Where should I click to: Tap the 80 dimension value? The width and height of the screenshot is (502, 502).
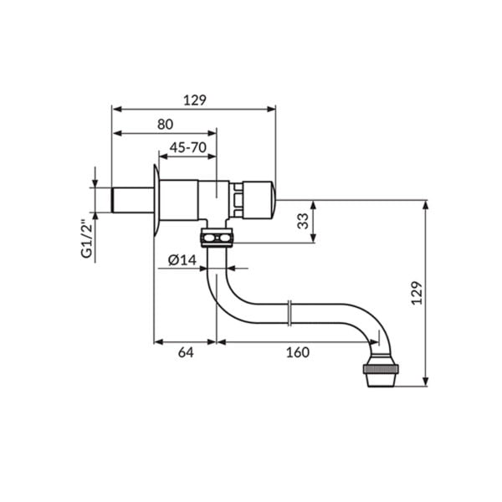coord(165,124)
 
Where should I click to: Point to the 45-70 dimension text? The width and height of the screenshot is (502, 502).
coord(188,147)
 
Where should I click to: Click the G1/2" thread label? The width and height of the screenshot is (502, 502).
coord(87,238)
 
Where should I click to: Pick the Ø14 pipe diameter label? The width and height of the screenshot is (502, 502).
coord(182,260)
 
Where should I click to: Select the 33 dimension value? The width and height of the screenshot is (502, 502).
coord(303,221)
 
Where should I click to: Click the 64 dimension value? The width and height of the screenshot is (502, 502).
coord(186,352)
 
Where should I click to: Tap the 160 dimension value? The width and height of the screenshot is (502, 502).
coord(297,352)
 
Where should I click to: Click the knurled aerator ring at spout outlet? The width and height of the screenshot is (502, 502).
coord(381,369)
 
